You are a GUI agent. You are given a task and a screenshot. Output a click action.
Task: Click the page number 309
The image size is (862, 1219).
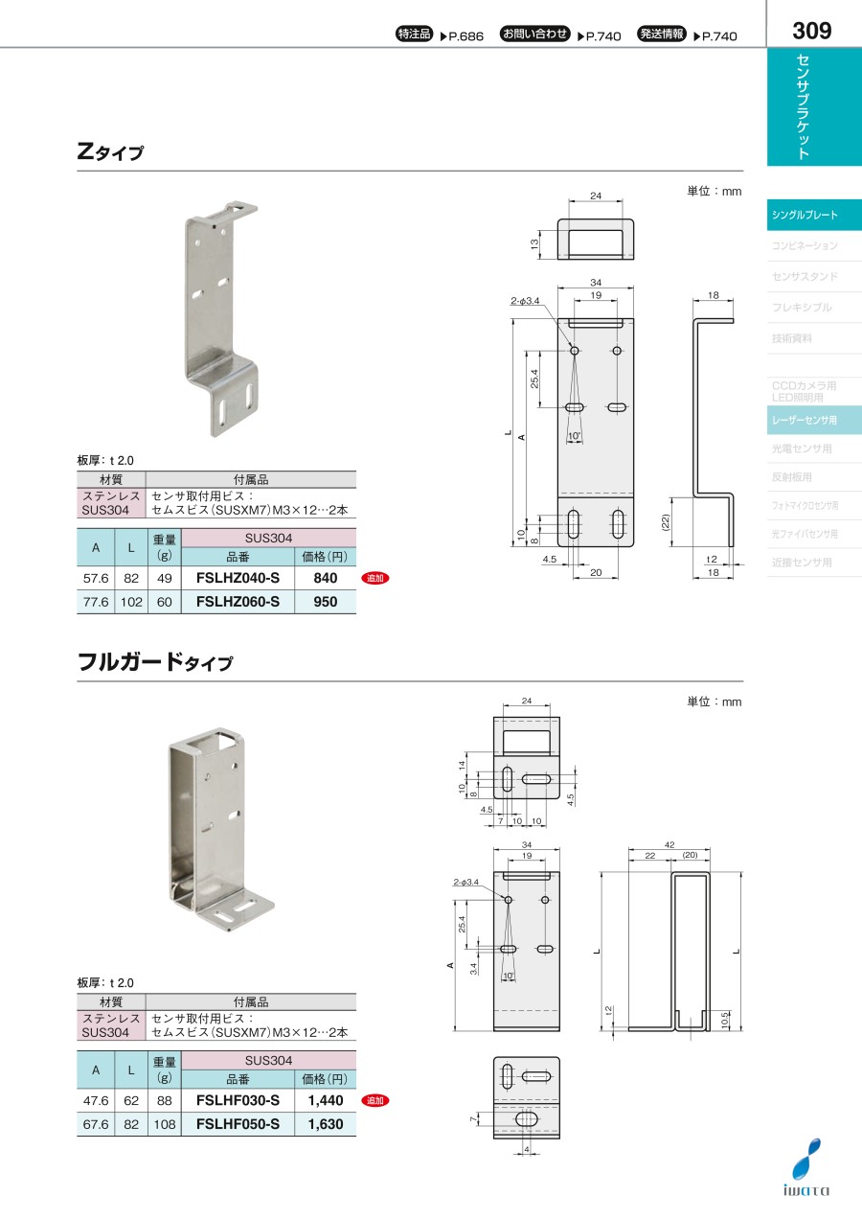point(811,31)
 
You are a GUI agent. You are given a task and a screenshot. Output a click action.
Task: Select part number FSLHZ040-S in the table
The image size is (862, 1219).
point(238,578)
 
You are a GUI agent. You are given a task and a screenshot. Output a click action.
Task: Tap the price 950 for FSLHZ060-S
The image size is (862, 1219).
point(326,602)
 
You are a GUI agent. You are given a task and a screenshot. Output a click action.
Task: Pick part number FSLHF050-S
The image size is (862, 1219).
point(238,1124)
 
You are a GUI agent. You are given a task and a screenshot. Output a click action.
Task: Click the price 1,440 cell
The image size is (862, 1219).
point(326,1100)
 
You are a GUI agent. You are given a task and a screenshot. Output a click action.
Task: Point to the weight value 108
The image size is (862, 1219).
point(164,1124)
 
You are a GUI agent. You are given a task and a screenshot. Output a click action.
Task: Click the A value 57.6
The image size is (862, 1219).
point(96,578)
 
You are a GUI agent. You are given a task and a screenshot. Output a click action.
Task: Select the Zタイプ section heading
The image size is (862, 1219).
point(110,151)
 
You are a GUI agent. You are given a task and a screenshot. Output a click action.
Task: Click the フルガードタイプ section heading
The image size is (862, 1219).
point(155,662)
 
